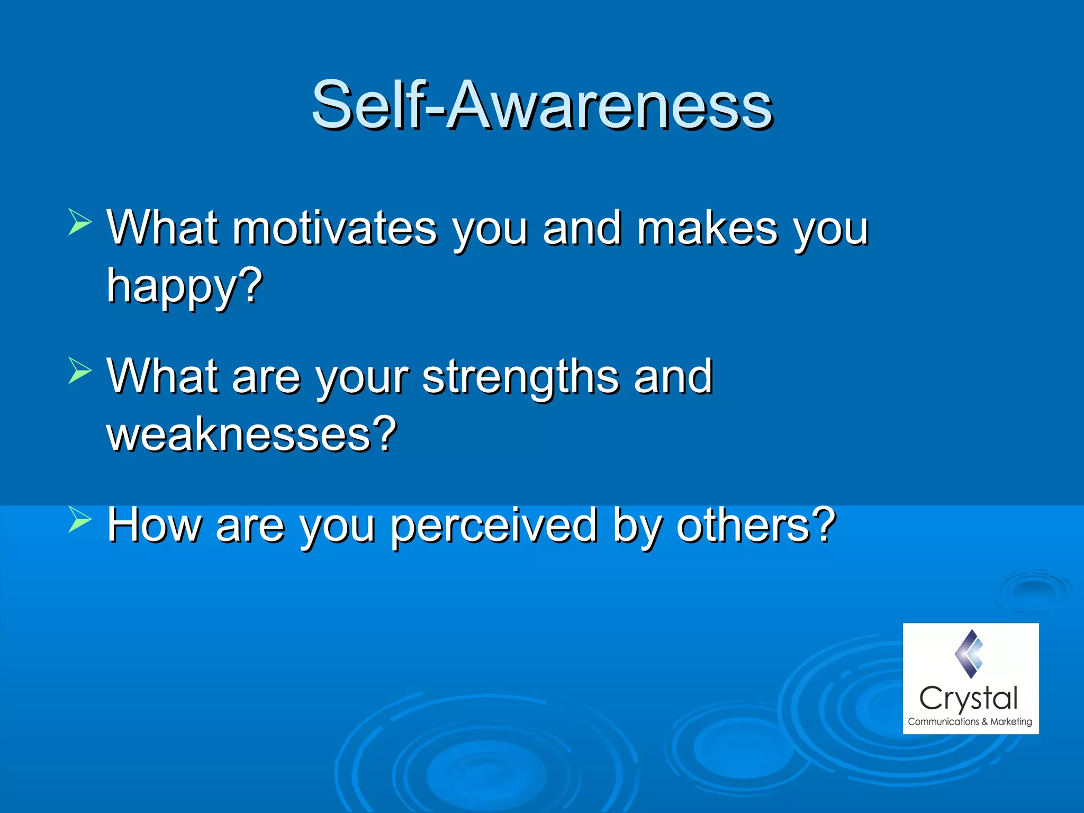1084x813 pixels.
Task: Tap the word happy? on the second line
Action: click(185, 286)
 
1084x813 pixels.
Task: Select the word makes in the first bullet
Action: click(708, 229)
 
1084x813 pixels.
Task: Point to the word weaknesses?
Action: click(251, 434)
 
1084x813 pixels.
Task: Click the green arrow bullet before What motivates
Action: click(80, 222)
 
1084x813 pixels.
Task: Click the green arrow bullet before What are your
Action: click(80, 370)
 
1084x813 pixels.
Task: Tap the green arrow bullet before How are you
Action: click(80, 519)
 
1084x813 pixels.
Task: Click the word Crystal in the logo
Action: click(969, 699)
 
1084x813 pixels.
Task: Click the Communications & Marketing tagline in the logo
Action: click(970, 722)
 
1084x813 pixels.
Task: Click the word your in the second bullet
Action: click(362, 377)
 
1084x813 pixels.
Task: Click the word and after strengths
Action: click(673, 377)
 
